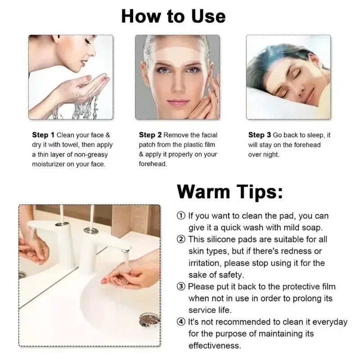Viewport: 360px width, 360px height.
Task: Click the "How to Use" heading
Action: [x=173, y=17]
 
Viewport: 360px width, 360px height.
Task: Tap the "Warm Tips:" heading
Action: [x=230, y=191]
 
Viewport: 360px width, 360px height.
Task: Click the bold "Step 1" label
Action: [x=43, y=135]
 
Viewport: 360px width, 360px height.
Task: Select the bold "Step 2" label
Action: [x=150, y=135]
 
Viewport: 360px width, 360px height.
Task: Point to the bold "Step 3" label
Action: [x=260, y=135]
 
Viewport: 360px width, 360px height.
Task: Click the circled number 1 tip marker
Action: [x=181, y=216]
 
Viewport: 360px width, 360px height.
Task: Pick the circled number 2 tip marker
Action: [x=181, y=239]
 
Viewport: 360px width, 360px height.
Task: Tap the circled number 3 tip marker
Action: [x=181, y=286]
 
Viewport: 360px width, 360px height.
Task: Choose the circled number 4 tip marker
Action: [x=181, y=322]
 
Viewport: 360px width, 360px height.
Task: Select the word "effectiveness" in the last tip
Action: [x=215, y=346]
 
